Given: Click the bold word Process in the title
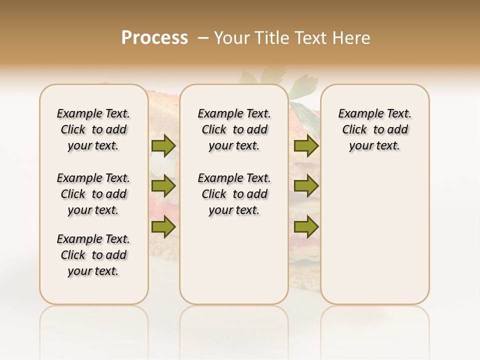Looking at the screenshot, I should click(154, 38).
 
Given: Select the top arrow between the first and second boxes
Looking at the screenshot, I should click(163, 145).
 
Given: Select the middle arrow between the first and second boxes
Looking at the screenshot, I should click(163, 186).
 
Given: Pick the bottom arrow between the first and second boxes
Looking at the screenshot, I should click(163, 227).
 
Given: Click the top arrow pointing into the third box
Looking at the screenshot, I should click(306, 145).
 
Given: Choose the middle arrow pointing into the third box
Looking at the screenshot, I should click(306, 186).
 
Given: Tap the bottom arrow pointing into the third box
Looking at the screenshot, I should click(306, 227).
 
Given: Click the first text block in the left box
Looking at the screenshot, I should click(93, 129).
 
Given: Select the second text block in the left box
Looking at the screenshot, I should click(93, 194).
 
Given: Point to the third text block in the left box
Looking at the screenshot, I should click(93, 255).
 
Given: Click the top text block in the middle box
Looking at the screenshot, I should click(234, 129).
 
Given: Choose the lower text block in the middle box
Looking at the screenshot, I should click(234, 194).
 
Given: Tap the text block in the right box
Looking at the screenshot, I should click(374, 129).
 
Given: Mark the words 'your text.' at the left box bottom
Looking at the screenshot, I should click(93, 271).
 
